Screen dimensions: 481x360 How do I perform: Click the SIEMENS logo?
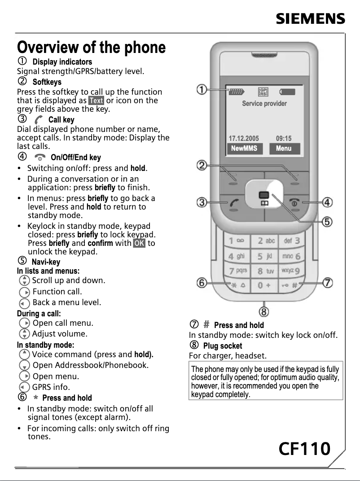(310, 19)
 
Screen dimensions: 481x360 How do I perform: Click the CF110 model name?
(304, 448)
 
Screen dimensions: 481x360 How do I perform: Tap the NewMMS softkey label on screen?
(244, 149)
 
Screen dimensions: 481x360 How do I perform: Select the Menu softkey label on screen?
(284, 149)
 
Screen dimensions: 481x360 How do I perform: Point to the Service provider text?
(264, 104)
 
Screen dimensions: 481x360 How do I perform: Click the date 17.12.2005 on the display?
(244, 139)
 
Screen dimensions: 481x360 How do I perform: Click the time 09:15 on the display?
(284, 139)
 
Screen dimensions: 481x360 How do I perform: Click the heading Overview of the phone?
(91, 47)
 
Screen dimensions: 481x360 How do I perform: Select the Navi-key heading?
(46, 262)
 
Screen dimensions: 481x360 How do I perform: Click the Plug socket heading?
(223, 346)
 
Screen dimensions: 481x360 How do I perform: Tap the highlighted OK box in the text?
(139, 243)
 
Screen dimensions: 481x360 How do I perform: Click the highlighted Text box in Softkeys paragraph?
(96, 101)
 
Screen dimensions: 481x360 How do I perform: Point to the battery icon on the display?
(287, 92)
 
